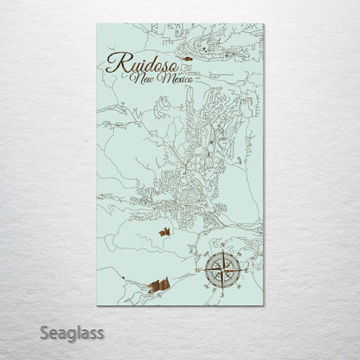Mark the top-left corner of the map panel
[x=98, y=24]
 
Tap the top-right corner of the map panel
[x=264, y=24]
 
